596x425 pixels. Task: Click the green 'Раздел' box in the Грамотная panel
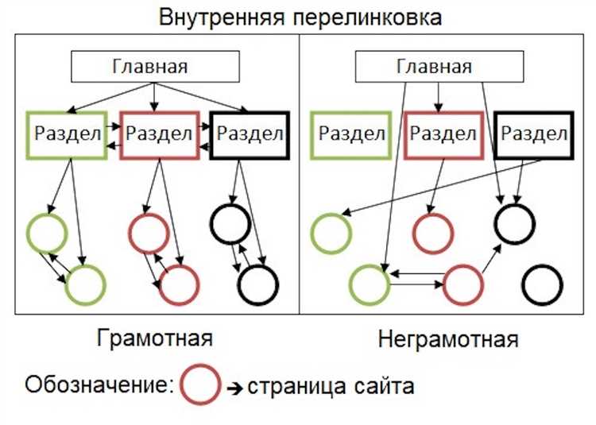click(x=68, y=134)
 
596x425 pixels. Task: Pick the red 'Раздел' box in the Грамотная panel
click(x=159, y=134)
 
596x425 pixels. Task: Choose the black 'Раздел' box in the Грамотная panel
click(x=250, y=134)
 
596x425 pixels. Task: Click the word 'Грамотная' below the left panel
click(x=155, y=338)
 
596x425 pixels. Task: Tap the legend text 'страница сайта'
click(x=331, y=387)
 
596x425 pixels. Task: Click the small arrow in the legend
click(x=235, y=388)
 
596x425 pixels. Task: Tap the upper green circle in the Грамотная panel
click(x=46, y=233)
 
